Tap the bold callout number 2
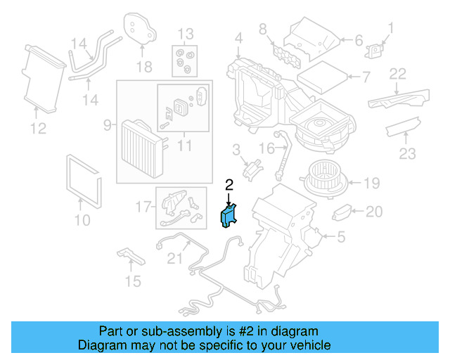229,185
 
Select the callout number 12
38,128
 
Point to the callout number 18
143,67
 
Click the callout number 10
82,221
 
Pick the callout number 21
174,258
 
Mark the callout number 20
374,211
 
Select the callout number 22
398,73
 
